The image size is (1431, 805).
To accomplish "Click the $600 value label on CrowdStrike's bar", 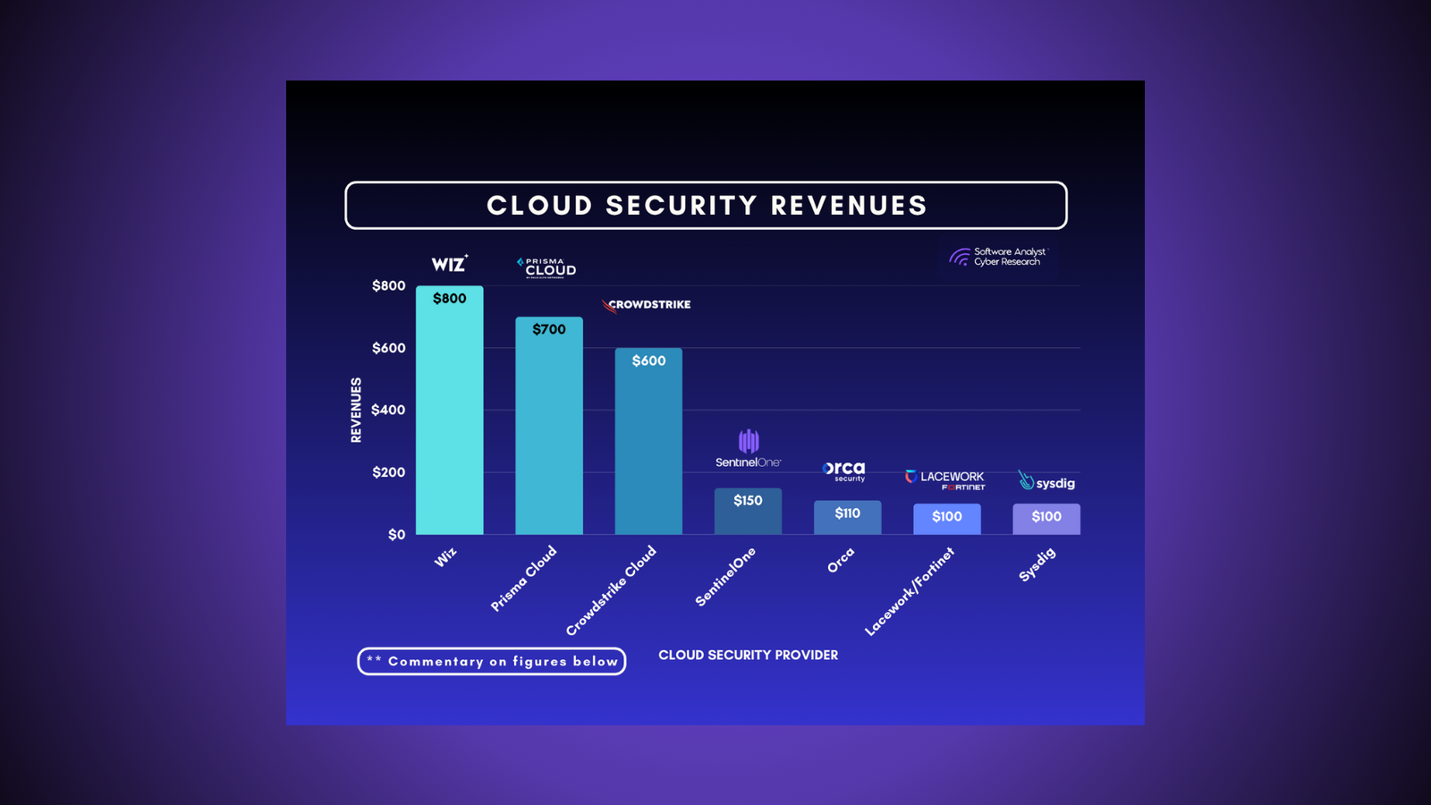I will click(x=648, y=360).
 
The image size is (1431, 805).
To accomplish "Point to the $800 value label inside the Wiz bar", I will click(x=449, y=299).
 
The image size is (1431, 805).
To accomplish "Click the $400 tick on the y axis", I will click(x=388, y=410).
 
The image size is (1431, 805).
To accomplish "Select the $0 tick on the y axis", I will click(x=396, y=534).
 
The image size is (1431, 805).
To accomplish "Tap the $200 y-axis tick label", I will click(x=388, y=472).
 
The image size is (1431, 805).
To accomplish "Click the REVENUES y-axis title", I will click(x=356, y=410).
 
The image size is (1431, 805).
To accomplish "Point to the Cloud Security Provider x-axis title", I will click(x=748, y=655).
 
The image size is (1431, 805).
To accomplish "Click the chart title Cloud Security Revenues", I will click(x=706, y=206).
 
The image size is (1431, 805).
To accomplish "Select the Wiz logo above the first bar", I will click(x=449, y=264).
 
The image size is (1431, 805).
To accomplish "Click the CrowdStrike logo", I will click(x=648, y=305).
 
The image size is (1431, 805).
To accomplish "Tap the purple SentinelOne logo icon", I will click(x=749, y=441).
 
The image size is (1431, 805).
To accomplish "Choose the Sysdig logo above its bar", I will click(x=1046, y=482).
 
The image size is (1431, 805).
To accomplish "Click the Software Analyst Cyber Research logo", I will click(x=997, y=258).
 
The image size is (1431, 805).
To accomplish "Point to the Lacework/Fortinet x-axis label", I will click(x=910, y=591).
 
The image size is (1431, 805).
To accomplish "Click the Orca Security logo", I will click(x=844, y=470).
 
